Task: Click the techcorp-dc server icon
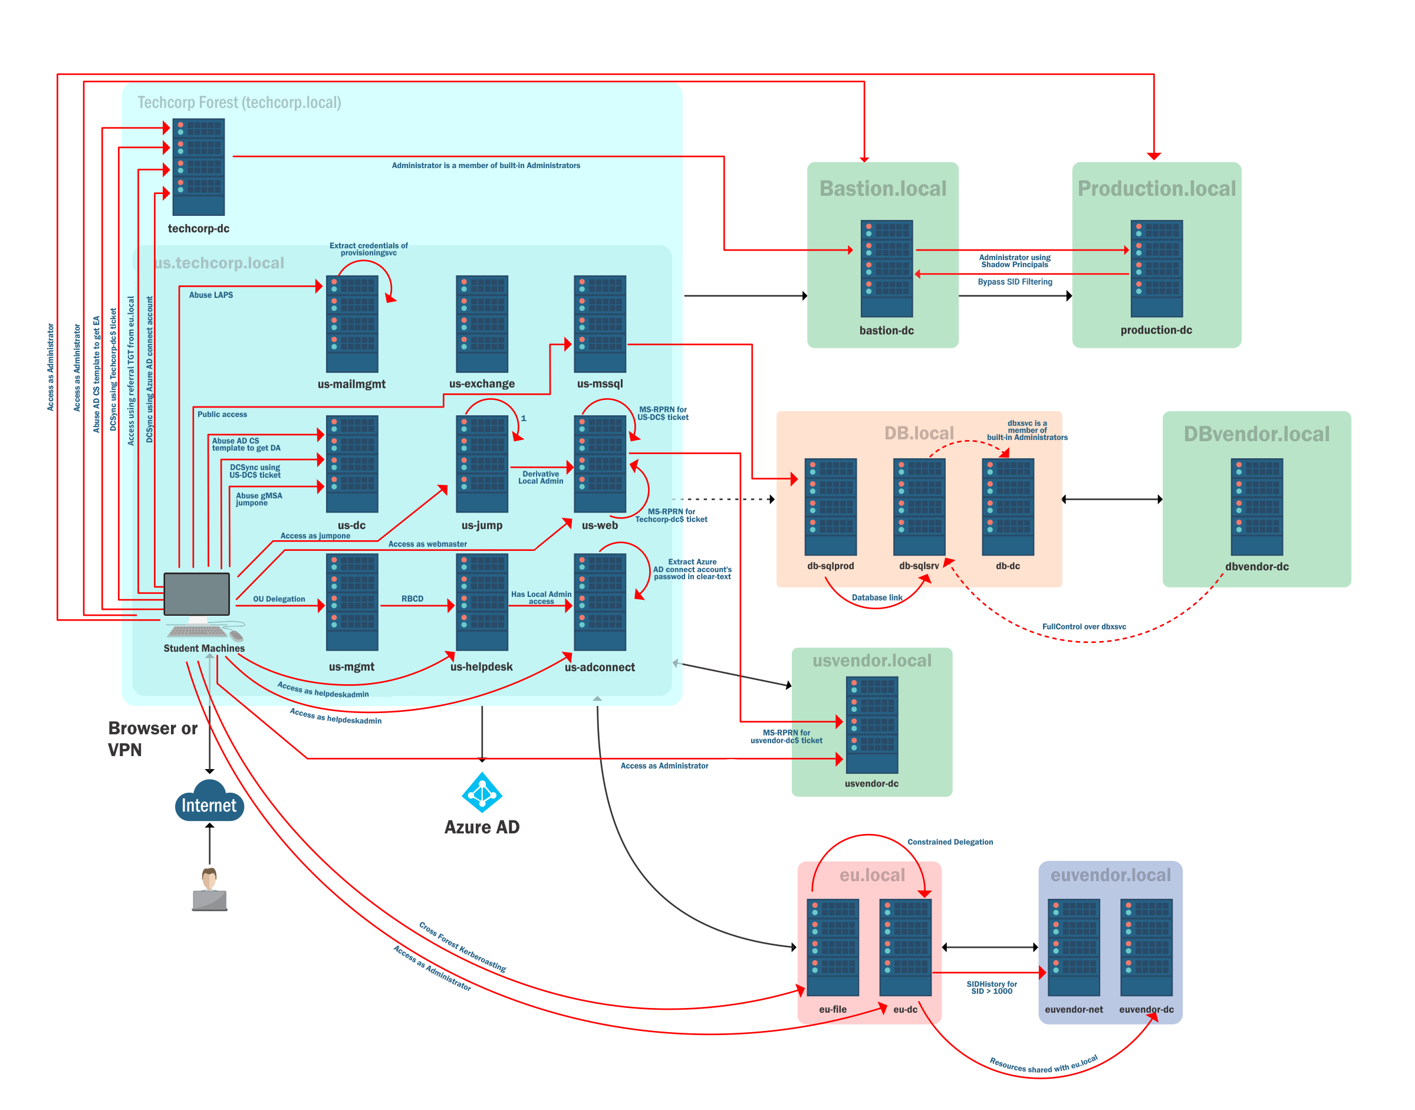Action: (x=198, y=167)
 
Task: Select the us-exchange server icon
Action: (x=482, y=324)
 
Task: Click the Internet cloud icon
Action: (x=209, y=802)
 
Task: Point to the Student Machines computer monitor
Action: (x=197, y=594)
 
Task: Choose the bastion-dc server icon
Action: (x=886, y=268)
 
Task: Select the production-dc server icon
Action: (x=1156, y=268)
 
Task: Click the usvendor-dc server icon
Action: (x=871, y=725)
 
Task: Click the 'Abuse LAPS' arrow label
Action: (x=210, y=295)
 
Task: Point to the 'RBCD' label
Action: (x=412, y=599)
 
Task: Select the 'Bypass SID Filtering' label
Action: (x=1014, y=282)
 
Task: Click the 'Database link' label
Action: (x=877, y=597)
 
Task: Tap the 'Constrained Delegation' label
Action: (x=950, y=842)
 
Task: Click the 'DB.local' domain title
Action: (x=919, y=434)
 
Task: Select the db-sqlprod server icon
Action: (x=830, y=506)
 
